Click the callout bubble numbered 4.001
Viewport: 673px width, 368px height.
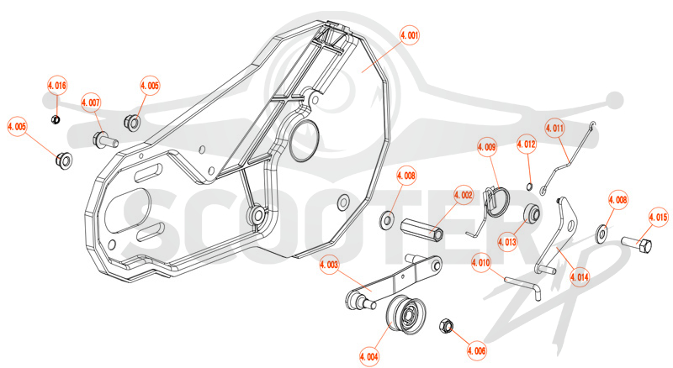tap(410, 35)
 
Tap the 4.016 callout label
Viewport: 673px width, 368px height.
tap(57, 86)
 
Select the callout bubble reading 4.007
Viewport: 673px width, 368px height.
tap(91, 103)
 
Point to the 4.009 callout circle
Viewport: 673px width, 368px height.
tap(487, 148)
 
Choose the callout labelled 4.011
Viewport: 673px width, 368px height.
tap(554, 128)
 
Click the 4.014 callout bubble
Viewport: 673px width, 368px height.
tap(580, 277)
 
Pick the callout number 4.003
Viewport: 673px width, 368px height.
tap(329, 265)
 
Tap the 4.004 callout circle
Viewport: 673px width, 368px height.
tap(369, 356)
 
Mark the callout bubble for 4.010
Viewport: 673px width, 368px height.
tap(480, 262)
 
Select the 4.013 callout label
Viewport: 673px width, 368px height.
tap(507, 242)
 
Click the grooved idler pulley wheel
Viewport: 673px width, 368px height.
tap(405, 315)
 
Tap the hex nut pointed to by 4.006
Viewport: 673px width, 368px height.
tap(447, 326)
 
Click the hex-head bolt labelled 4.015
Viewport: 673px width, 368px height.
tap(637, 244)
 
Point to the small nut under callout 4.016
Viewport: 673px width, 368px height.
tap(56, 119)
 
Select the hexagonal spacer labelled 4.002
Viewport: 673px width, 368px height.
tap(422, 230)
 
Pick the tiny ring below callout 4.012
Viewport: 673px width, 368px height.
tap(530, 187)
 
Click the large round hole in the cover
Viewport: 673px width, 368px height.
tap(305, 140)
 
